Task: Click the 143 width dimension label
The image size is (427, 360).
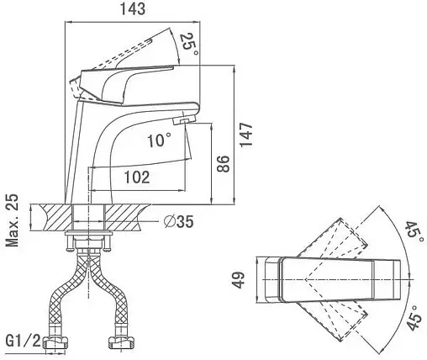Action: [133, 9]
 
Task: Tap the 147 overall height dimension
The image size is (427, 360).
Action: [246, 134]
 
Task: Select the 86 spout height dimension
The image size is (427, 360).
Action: [223, 163]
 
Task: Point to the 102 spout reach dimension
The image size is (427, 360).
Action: [137, 177]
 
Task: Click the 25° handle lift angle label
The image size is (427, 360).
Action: [189, 45]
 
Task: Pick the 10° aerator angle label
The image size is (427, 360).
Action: [159, 140]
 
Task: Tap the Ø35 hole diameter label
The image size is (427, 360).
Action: [179, 222]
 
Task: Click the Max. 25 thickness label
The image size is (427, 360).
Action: [13, 220]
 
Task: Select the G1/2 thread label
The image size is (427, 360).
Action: [24, 341]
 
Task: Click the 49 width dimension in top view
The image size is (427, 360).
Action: [239, 279]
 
